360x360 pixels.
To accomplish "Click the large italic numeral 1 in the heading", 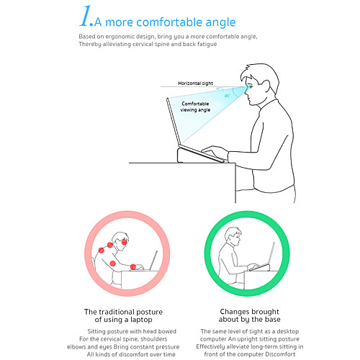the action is click(85, 16).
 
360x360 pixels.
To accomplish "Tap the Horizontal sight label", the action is click(195, 84).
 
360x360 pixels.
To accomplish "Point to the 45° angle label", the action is click(227, 96).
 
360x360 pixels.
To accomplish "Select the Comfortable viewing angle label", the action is click(195, 107).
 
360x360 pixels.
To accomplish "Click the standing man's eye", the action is click(250, 87).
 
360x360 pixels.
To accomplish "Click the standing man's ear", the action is click(266, 86).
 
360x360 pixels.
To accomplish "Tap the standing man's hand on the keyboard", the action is click(215, 151).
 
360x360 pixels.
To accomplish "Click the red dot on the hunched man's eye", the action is click(124, 242).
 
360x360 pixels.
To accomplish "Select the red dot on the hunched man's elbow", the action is click(113, 264).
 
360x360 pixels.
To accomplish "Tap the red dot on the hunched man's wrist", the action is click(133, 266).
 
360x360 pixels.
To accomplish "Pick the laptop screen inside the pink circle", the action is click(153, 260).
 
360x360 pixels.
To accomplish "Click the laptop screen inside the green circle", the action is click(271, 253).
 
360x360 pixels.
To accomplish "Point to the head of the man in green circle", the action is click(233, 236).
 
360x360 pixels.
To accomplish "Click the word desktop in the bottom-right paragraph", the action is click(288, 331).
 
